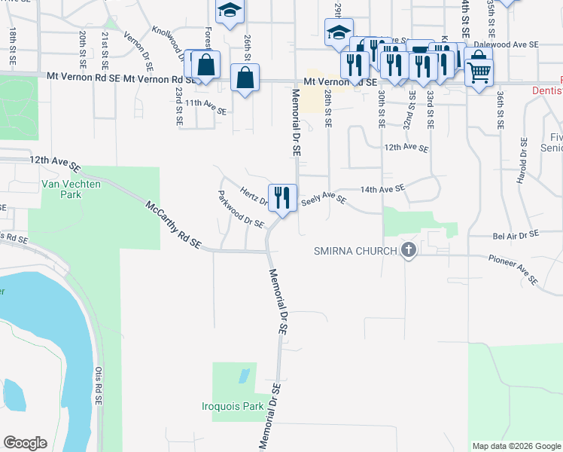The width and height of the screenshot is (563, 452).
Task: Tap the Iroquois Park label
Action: [x=233, y=406]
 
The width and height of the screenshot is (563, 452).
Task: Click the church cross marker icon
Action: [x=409, y=249]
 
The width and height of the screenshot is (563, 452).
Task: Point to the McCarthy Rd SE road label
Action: [x=174, y=224]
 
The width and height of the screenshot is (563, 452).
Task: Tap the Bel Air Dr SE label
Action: [x=516, y=235]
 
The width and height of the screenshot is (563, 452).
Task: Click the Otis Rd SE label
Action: [x=98, y=386]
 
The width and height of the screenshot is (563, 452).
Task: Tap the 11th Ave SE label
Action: [x=205, y=106]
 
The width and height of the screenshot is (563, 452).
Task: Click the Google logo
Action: [x=25, y=443]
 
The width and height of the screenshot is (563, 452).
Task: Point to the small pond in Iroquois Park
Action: [x=243, y=375]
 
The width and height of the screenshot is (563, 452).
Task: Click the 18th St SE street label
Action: [x=13, y=44]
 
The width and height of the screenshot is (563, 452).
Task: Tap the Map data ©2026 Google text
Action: [x=515, y=446]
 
